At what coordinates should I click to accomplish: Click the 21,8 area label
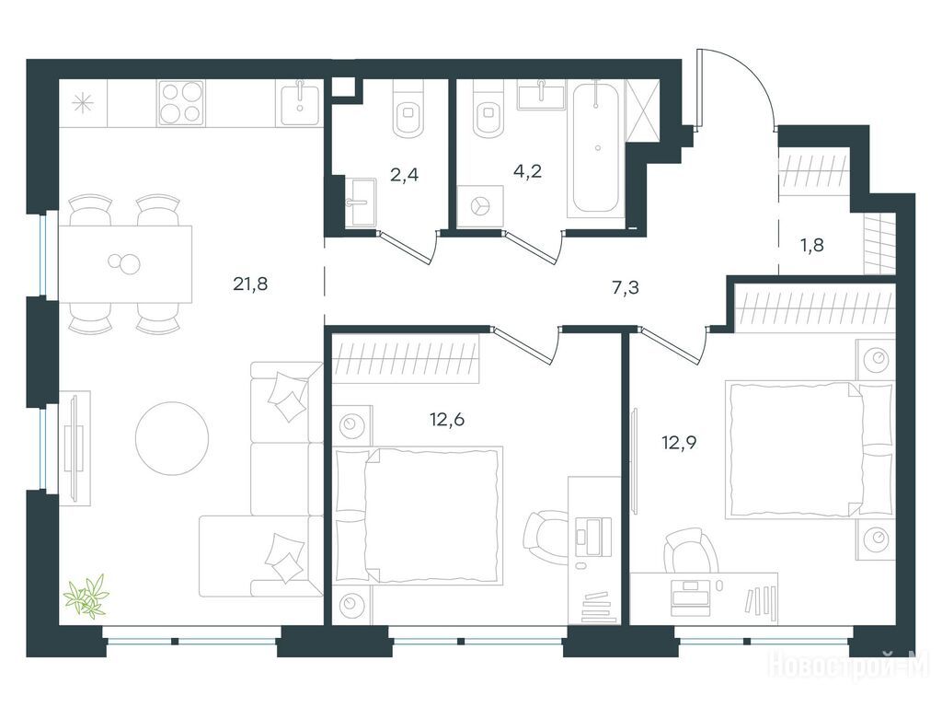(250, 284)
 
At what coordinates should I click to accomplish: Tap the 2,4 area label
(405, 175)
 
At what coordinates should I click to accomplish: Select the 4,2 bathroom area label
(527, 171)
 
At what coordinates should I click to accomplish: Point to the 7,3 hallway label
(626, 288)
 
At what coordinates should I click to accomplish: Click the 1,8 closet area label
(811, 245)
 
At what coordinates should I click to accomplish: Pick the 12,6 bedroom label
(447, 419)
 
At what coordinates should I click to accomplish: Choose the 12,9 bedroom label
(679, 443)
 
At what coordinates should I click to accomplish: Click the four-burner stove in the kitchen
(181, 103)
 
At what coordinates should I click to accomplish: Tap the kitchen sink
(300, 103)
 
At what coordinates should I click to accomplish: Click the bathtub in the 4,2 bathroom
(596, 148)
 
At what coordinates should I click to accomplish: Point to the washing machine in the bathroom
(479, 206)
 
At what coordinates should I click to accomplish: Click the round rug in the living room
(172, 439)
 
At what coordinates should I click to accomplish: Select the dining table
(125, 264)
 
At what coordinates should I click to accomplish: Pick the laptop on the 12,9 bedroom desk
(690, 596)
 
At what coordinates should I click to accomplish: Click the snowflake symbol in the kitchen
(83, 103)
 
